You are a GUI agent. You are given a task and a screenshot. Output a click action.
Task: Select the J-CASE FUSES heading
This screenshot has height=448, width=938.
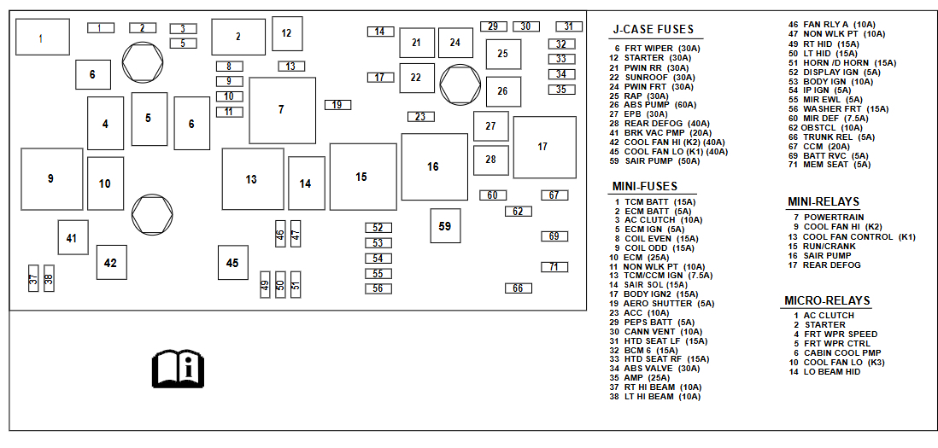tap(654, 30)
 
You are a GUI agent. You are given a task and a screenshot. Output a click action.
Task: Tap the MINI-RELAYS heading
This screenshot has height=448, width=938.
tap(824, 202)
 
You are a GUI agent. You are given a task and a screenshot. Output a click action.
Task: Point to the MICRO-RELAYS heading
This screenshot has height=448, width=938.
tap(827, 301)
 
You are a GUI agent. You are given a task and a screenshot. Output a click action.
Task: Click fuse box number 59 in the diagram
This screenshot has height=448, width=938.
tap(445, 226)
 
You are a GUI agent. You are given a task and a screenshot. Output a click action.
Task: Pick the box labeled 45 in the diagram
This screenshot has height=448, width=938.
tap(232, 264)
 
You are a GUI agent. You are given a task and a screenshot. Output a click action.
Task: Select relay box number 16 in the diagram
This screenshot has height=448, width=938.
tap(433, 167)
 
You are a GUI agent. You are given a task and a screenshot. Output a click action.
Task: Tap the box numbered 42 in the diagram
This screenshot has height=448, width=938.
tap(110, 263)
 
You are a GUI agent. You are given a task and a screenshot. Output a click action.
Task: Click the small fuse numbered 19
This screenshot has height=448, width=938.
tap(337, 105)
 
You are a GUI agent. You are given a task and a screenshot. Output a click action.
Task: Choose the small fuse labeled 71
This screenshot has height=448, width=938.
tap(554, 267)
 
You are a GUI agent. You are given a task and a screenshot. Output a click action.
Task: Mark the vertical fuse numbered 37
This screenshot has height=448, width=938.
tap(33, 278)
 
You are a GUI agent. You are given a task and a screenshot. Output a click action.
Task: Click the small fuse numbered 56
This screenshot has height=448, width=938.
tap(378, 288)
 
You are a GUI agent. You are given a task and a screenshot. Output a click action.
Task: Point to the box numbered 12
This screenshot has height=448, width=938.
tap(286, 33)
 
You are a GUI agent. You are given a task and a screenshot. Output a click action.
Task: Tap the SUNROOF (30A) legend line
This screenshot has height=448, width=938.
tap(660, 77)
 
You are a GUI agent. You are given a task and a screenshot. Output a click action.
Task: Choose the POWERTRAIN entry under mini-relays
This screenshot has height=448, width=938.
tap(833, 218)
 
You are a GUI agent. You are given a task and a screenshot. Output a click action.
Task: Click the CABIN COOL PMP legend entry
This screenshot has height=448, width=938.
tap(842, 352)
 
